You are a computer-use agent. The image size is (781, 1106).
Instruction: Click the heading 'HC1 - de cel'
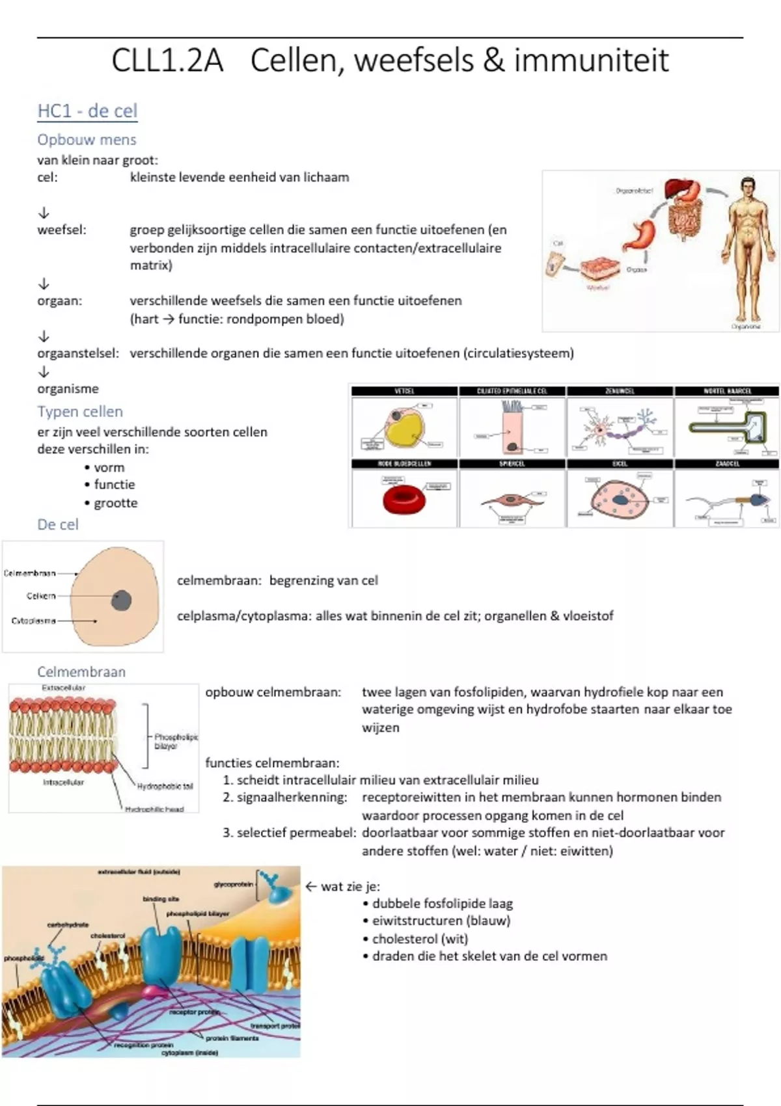(87, 111)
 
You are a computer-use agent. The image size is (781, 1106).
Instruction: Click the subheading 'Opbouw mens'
(87, 140)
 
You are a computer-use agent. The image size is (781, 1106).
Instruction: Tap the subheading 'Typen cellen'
(80, 412)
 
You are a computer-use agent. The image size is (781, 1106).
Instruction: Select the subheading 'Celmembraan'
(81, 672)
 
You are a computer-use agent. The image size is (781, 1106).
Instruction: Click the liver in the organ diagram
(681, 188)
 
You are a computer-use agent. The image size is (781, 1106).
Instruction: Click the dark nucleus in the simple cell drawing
(121, 599)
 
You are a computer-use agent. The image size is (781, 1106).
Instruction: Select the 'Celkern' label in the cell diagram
(41, 596)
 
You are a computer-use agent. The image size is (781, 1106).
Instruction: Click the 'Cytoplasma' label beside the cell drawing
(33, 621)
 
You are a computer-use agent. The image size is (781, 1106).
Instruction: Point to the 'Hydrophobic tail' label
(165, 786)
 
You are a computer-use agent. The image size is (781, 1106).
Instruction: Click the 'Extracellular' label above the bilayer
(63, 688)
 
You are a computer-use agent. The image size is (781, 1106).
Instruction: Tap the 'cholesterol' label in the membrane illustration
(107, 936)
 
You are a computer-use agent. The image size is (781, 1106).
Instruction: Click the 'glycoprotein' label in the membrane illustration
(233, 884)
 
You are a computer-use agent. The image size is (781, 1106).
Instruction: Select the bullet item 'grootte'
(115, 503)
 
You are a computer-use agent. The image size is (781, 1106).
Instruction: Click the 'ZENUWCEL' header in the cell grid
(620, 391)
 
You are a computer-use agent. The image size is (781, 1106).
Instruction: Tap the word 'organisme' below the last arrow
(68, 389)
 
